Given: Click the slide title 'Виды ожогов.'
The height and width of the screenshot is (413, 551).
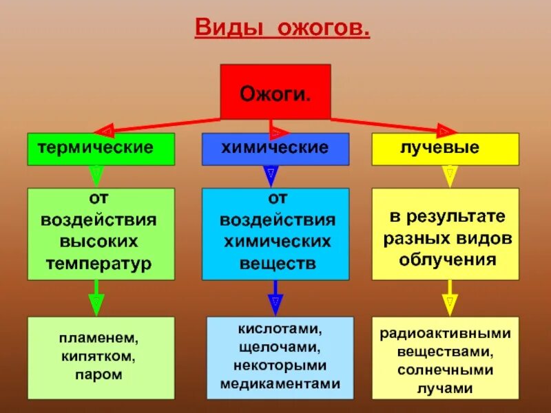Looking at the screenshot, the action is coord(283,29).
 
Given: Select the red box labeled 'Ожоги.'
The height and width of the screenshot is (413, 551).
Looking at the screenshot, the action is coord(275,92).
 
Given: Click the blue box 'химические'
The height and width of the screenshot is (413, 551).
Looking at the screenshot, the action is coord(275,149).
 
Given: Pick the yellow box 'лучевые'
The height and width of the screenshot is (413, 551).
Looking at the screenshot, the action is coord(445,149).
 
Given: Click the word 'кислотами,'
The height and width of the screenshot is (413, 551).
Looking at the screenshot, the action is coord(280,330).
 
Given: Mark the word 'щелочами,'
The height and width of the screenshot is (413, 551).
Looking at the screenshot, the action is coord(280,348).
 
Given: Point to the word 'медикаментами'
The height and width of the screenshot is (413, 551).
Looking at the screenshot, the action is coord(280,383).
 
